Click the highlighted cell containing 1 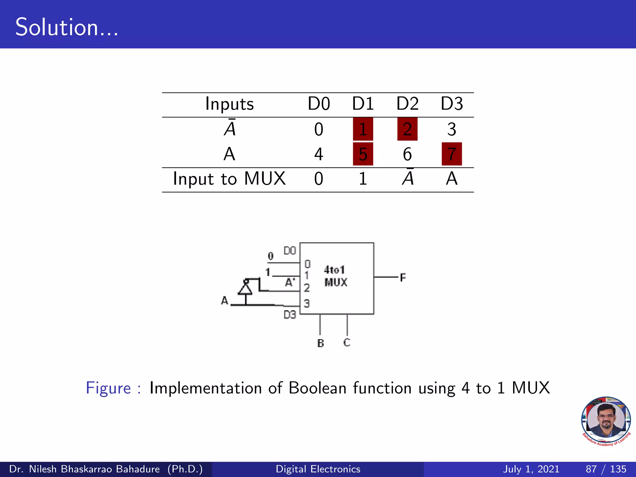[x=363, y=129]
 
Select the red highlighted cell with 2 [x=407, y=129]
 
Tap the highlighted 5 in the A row [x=363, y=154]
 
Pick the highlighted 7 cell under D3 [x=452, y=154]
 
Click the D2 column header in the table [x=407, y=104]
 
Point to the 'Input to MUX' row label [x=229, y=179]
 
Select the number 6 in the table [x=407, y=154]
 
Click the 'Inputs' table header [x=229, y=104]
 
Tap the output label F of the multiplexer [x=403, y=277]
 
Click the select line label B [x=320, y=343]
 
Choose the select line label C [x=347, y=343]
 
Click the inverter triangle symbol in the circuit [x=245, y=288]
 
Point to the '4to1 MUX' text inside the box [x=335, y=276]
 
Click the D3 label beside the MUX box [x=290, y=315]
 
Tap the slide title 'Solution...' [x=66, y=27]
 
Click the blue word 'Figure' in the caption [x=108, y=388]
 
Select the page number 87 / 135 [x=606, y=469]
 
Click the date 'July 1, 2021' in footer [x=531, y=469]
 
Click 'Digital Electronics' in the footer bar [x=318, y=469]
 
